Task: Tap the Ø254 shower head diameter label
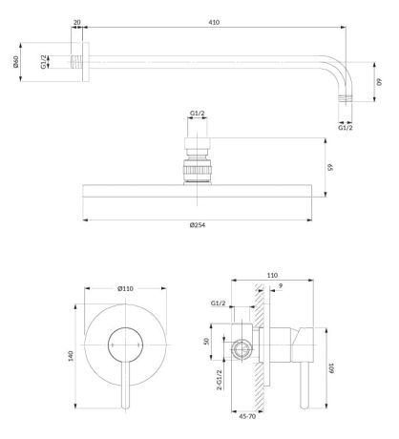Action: (199, 224)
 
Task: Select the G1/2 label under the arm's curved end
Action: (345, 123)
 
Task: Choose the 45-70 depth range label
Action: (248, 415)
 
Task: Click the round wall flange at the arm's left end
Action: (84, 63)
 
